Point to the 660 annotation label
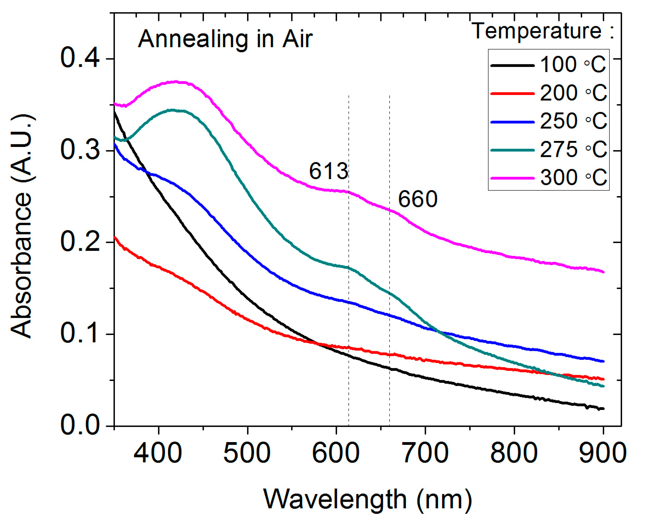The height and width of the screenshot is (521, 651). [417, 199]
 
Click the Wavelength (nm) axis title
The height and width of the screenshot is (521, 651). [368, 499]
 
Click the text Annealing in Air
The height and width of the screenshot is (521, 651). [225, 39]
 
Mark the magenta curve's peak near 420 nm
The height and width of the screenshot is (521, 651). [177, 82]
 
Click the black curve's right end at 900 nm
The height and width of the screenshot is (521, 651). [603, 409]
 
